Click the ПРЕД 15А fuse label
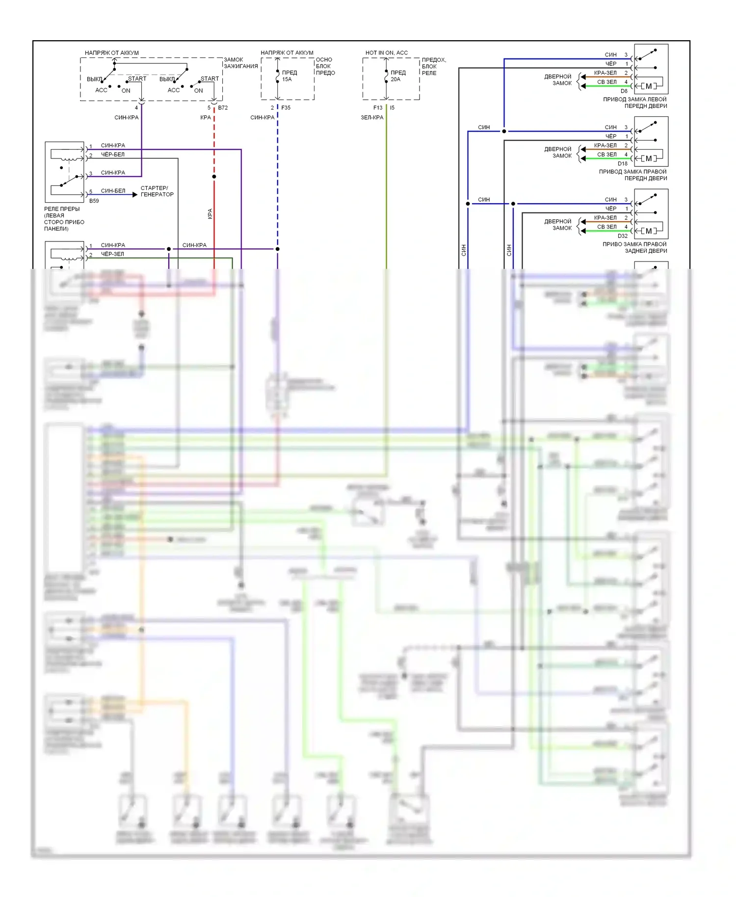pos(289,76)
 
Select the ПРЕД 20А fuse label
pos(397,76)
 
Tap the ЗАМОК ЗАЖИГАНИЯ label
pos(240,63)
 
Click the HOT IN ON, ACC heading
pos(386,53)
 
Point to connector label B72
pos(223,107)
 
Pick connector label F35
pos(286,107)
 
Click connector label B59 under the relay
pos(94,201)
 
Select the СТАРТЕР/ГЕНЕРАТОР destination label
pos(157,191)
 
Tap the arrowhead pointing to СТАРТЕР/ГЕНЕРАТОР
pos(135,195)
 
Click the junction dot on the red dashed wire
pos(214,177)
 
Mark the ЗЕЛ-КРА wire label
pos(372,117)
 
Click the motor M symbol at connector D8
pos(649,86)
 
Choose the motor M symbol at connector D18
pos(649,158)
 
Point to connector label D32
pos(622,236)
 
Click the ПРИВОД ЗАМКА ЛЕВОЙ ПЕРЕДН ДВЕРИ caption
pos(635,103)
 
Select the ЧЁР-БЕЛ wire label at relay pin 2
pos(113,155)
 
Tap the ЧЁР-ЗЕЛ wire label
pos(112,254)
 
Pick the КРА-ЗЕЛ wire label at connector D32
pos(605,218)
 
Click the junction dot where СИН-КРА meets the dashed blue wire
pos(277,249)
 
